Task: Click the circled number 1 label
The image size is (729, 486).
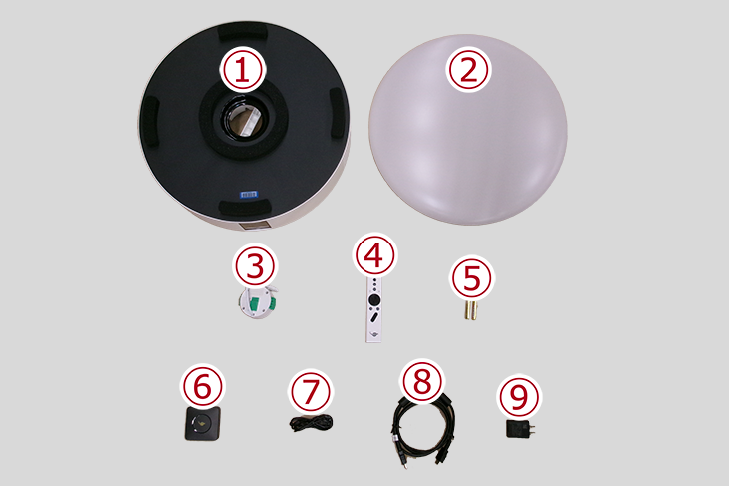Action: [x=242, y=70]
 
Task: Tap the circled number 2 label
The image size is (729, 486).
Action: [x=468, y=70]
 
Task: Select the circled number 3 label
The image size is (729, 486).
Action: [x=255, y=266]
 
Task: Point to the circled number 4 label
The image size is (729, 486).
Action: [x=374, y=255]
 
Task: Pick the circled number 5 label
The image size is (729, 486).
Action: [x=472, y=277]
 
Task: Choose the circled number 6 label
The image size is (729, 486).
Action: [x=203, y=386]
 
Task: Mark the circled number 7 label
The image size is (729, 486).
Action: [x=311, y=391]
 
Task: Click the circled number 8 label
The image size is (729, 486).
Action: [x=422, y=382]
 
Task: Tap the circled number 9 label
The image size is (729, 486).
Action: [x=519, y=397]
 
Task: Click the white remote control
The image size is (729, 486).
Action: [x=373, y=310]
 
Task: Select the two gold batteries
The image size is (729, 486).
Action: [x=469, y=310]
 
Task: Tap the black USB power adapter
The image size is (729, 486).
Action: [x=520, y=428]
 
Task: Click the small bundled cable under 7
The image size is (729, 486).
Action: [x=311, y=423]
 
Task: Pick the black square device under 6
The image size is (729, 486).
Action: [x=203, y=423]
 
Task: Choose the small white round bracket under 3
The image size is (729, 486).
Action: [x=257, y=303]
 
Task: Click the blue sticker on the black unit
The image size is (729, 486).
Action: [x=248, y=195]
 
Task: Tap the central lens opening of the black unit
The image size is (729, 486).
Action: [x=242, y=118]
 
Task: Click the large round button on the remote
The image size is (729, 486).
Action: [x=373, y=299]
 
